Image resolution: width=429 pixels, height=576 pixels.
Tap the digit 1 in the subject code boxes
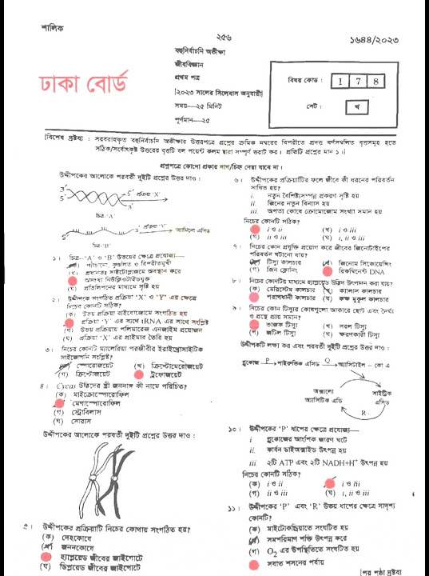(340, 82)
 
